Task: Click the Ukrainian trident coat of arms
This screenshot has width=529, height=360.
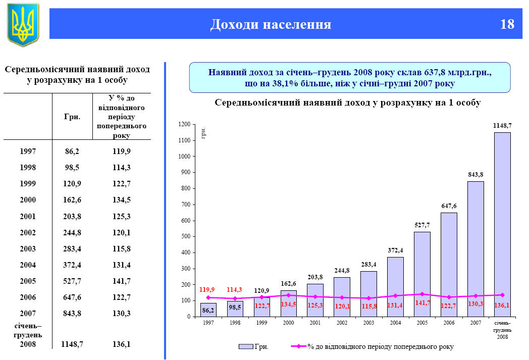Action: (x=23, y=25)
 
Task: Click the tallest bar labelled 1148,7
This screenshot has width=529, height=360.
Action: (x=502, y=224)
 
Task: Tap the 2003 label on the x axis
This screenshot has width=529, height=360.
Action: (x=368, y=322)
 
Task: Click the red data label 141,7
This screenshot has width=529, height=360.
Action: (x=423, y=303)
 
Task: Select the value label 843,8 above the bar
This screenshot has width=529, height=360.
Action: (x=475, y=175)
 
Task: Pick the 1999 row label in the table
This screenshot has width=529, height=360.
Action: (x=28, y=183)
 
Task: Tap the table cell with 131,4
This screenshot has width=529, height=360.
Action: (x=122, y=265)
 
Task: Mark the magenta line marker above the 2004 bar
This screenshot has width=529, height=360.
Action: (x=396, y=296)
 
